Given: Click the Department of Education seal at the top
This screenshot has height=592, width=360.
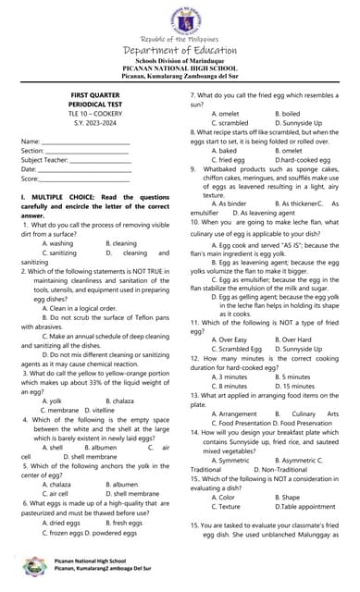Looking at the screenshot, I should (180, 19).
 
